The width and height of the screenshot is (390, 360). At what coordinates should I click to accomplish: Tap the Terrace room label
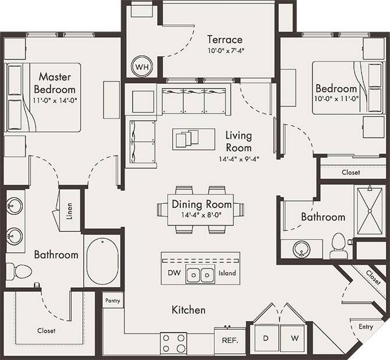[225, 40]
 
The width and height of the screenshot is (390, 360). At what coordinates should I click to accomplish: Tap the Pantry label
[112, 301]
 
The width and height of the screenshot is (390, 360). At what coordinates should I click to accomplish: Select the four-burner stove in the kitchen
[173, 343]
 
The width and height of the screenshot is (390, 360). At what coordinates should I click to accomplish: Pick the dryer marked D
[265, 338]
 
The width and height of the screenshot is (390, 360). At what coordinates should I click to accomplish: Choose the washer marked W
[295, 338]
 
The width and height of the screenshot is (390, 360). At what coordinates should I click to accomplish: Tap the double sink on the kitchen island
[201, 273]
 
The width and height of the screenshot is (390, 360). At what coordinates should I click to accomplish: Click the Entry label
[366, 327]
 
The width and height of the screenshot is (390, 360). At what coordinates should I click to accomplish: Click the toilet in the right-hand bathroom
[338, 246]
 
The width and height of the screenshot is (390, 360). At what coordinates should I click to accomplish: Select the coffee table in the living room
[186, 139]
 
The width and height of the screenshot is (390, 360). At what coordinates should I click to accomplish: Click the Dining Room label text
[201, 204]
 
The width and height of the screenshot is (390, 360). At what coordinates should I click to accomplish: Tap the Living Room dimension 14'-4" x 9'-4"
[239, 158]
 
